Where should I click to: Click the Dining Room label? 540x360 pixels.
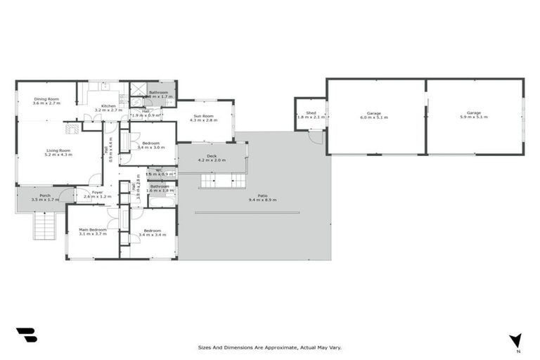pos(47,99)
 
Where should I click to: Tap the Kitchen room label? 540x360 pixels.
pos(108,106)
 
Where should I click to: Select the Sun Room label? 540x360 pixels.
pos(203,115)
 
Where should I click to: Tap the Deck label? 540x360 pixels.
pos(211,156)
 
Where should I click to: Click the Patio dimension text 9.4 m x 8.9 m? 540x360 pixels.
pos(262,200)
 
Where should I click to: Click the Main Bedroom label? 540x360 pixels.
pos(92,230)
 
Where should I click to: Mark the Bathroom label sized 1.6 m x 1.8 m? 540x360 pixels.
pos(160,187)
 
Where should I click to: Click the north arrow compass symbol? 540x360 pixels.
pos(517,341)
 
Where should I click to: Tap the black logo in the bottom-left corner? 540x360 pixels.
pos(26,335)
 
